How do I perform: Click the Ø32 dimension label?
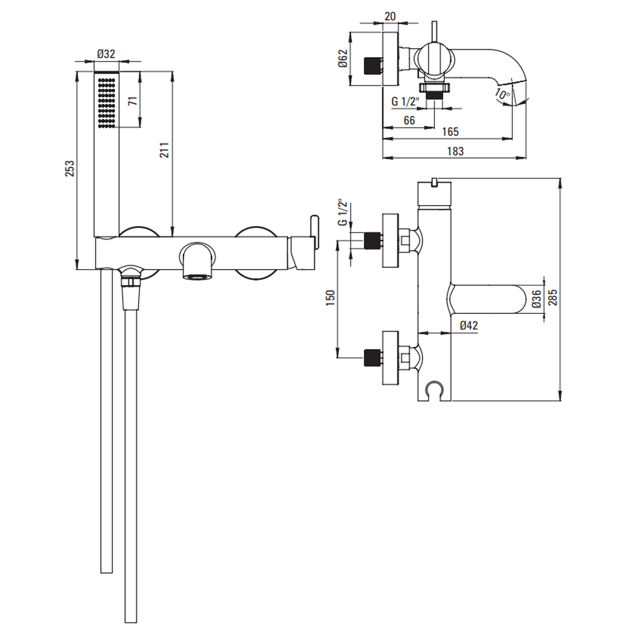(x=106, y=54)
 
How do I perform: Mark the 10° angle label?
(x=502, y=95)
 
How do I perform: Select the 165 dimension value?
(x=450, y=132)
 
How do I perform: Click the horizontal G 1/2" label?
(x=404, y=101)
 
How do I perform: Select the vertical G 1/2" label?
(x=342, y=213)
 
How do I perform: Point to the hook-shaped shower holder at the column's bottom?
(x=434, y=388)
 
